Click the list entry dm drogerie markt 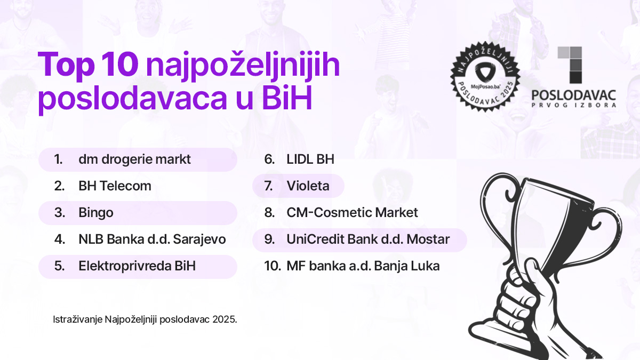click(134, 159)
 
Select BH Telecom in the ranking click(115, 186)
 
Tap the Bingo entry click(96, 213)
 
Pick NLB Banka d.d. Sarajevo click(152, 239)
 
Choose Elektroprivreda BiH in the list click(137, 266)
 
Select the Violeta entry click(308, 186)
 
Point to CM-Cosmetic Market click(352, 213)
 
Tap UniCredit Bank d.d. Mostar click(368, 239)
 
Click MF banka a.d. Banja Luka click(363, 266)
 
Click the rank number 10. click(272, 266)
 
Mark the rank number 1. click(58, 159)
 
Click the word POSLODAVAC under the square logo click(574, 95)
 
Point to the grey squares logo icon click(569, 65)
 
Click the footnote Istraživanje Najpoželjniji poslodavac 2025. click(145, 320)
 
